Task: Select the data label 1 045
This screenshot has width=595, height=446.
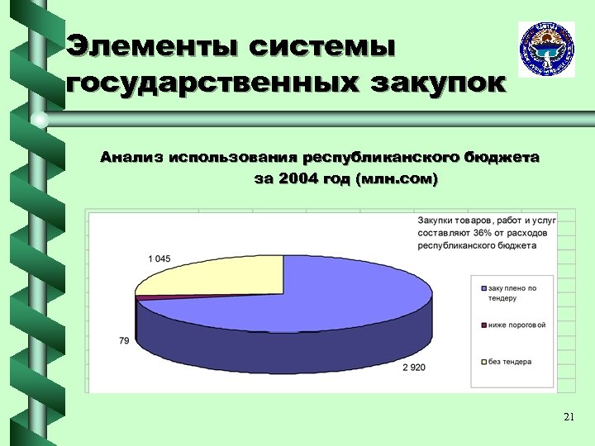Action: [x=159, y=259]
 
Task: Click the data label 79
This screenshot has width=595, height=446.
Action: [x=124, y=340]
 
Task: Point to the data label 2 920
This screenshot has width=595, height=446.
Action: [x=413, y=367]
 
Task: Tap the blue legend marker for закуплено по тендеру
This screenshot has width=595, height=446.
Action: [x=483, y=288]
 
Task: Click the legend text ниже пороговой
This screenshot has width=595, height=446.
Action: [x=516, y=325]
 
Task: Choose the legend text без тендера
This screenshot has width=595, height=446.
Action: [x=510, y=362]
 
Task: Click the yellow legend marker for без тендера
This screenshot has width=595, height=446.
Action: [x=483, y=362]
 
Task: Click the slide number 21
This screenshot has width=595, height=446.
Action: [x=568, y=418]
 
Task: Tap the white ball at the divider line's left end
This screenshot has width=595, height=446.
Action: [x=40, y=121]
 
